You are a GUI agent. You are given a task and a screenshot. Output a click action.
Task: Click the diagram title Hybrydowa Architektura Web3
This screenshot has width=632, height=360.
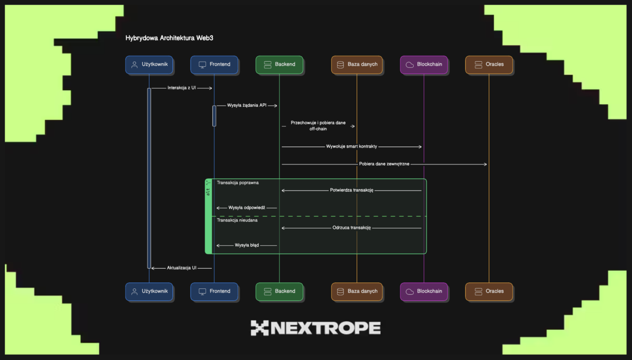pyautogui.click(x=169, y=38)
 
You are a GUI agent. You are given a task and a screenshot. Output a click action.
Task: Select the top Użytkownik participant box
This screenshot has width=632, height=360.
pyautogui.click(x=149, y=65)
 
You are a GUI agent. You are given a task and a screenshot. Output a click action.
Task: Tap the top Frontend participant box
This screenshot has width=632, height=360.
pyautogui.click(x=214, y=65)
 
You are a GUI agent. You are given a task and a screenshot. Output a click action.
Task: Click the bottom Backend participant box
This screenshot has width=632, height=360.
pyautogui.click(x=279, y=291)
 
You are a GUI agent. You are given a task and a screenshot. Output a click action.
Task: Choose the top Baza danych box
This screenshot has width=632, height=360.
pyautogui.click(x=356, y=65)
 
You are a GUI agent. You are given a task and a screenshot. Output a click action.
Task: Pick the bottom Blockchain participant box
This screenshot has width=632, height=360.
pyautogui.click(x=424, y=291)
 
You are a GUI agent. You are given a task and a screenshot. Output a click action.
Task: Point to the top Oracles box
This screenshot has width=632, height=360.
pyautogui.click(x=489, y=65)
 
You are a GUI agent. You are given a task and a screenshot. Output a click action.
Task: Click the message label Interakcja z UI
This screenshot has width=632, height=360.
pyautogui.click(x=182, y=88)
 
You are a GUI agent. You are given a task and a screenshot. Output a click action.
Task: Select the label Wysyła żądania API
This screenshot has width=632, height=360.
pyautogui.click(x=247, y=106)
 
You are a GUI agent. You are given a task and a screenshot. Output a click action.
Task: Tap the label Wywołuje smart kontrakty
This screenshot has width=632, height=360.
pyautogui.click(x=352, y=147)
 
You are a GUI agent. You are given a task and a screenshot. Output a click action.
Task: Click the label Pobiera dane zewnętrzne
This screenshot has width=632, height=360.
pyautogui.click(x=384, y=164)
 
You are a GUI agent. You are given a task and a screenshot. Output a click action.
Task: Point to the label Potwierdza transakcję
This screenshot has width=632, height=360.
pyautogui.click(x=352, y=190)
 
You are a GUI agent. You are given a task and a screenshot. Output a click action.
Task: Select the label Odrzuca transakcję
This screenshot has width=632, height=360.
pyautogui.click(x=352, y=228)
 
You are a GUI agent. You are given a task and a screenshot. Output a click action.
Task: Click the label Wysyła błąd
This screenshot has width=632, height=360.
pyautogui.click(x=247, y=245)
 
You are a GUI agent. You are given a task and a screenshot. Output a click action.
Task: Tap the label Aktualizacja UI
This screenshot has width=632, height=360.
pyautogui.click(x=182, y=268)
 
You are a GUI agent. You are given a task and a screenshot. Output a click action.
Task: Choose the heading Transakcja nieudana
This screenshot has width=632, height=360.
pyautogui.click(x=237, y=220)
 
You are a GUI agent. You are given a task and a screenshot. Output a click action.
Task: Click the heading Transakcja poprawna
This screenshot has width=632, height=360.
pyautogui.click(x=237, y=183)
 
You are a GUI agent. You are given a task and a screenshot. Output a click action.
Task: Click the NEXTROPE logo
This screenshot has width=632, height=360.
pyautogui.click(x=316, y=328)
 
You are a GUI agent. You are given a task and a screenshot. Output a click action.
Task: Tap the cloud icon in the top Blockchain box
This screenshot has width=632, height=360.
pyautogui.click(x=409, y=65)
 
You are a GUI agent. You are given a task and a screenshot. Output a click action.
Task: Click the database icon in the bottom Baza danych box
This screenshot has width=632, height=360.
pyautogui.click(x=340, y=291)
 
